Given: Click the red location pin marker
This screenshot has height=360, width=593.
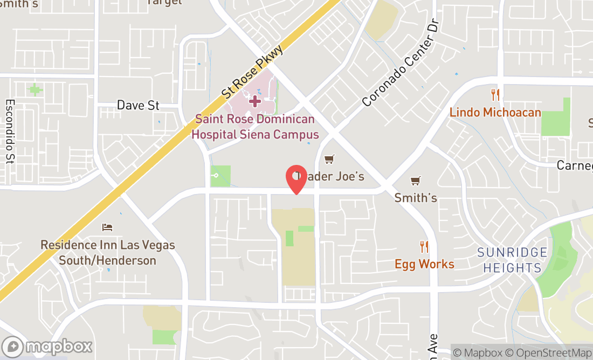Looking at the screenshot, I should (296, 179).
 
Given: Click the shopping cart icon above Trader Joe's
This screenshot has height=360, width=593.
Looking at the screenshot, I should (329, 159).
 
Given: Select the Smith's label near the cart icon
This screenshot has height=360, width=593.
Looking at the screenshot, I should (415, 198).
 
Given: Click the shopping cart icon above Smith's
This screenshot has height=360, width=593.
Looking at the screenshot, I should (415, 181).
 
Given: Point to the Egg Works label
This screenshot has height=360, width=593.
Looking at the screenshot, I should (424, 264).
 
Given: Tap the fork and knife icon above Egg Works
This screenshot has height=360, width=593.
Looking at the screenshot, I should (424, 247).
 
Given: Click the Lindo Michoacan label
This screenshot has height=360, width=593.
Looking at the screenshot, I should (495, 112).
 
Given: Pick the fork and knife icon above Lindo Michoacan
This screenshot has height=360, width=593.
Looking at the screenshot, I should (495, 95).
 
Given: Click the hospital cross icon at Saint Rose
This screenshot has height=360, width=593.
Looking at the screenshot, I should (254, 101).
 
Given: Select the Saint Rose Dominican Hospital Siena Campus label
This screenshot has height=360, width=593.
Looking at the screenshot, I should (255, 127).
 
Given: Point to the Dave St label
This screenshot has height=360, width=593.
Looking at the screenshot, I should (138, 105).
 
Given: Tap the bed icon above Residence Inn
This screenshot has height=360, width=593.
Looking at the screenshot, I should (107, 227).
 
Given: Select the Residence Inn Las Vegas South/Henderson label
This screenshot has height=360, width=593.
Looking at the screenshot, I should (108, 253).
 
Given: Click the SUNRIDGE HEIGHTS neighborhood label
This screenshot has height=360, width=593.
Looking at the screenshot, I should (512, 260).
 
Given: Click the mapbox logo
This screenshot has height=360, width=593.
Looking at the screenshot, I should (47, 346).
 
